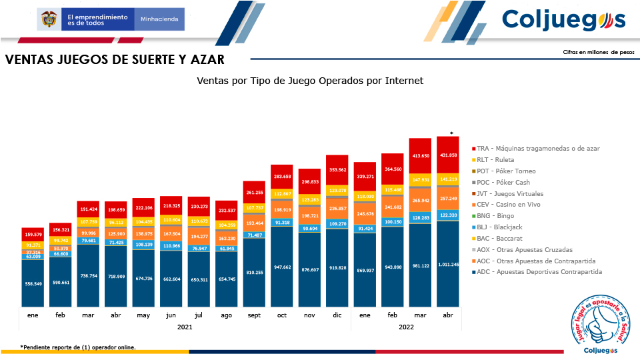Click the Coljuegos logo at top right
coord(563,19)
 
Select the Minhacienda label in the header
coord(159,19)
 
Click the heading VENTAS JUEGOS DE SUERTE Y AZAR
coord(115,60)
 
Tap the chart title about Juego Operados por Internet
coord(310,81)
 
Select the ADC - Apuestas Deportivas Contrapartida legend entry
coord(539,272)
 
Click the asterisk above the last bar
coord(451,134)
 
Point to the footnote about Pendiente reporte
coord(78,347)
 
